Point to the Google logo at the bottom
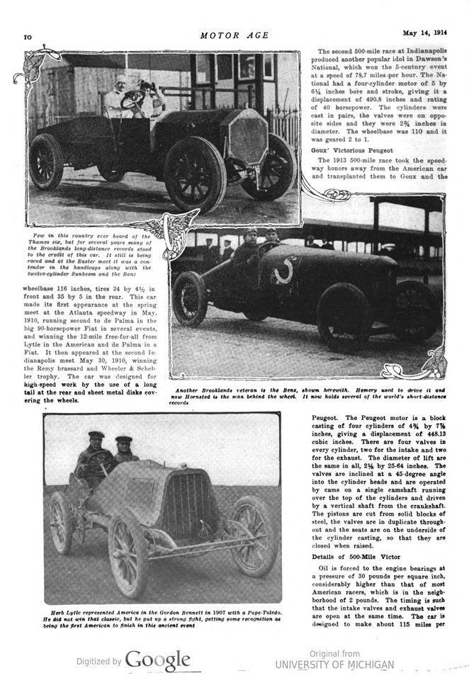[157, 661]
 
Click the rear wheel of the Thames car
[47, 160]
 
